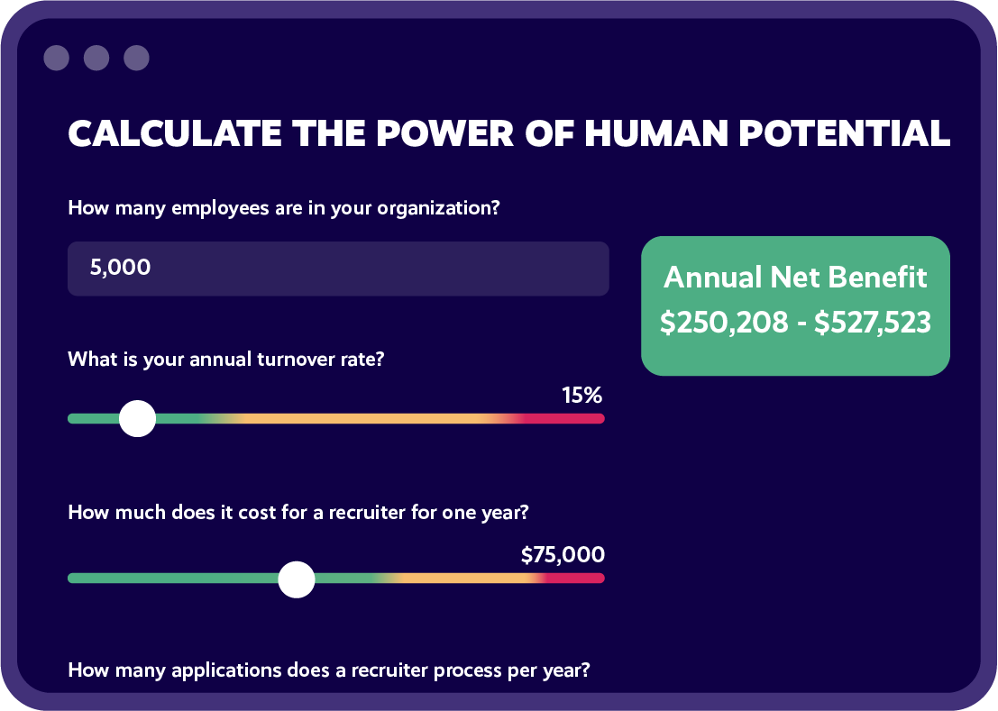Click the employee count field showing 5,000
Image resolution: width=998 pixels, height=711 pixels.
[x=338, y=268]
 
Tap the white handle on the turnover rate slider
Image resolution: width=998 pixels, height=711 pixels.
[x=138, y=419]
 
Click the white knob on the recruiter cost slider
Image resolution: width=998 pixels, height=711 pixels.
[x=296, y=579]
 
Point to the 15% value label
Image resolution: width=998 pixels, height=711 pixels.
[x=581, y=395]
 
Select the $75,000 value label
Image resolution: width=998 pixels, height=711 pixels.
[x=563, y=554]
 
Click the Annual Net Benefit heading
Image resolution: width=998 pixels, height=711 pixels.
[x=795, y=277]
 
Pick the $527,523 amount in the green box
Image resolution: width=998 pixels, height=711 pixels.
[x=872, y=323]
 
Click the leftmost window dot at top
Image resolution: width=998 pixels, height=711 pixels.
[x=56, y=59]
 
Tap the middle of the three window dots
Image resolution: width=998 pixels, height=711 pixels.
[x=96, y=59]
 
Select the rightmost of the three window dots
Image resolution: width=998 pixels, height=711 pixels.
[x=136, y=59]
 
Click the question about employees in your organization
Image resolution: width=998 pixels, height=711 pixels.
[x=284, y=208]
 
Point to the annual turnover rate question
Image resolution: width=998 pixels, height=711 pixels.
[x=226, y=359]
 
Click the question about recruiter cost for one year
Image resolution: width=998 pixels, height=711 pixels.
[x=298, y=513]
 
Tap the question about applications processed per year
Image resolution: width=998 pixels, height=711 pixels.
[x=329, y=670]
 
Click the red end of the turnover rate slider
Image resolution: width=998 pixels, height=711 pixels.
[x=581, y=418]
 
